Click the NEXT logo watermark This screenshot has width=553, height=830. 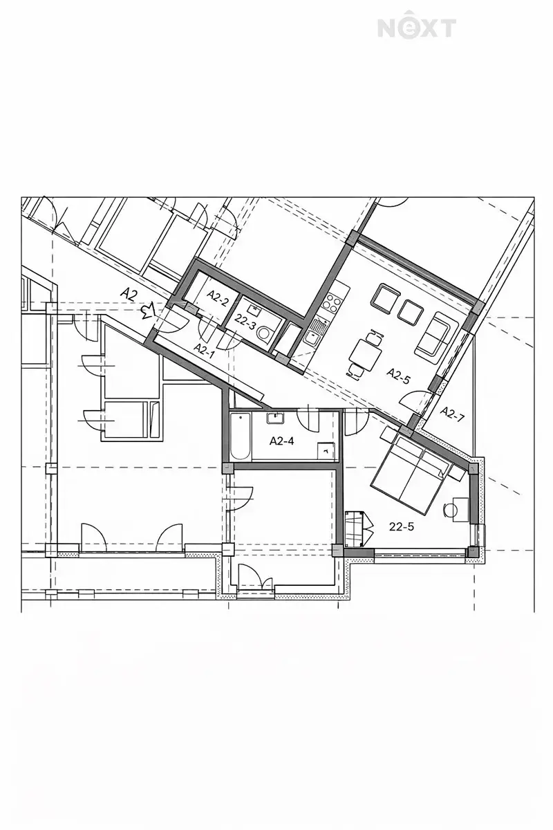(417, 28)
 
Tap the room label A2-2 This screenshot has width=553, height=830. (218, 297)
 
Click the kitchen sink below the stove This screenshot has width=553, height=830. (313, 331)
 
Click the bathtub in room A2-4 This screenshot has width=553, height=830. (241, 436)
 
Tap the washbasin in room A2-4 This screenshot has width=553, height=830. (274, 418)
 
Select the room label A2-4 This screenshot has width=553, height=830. (281, 441)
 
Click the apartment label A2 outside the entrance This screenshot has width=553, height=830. (129, 295)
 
